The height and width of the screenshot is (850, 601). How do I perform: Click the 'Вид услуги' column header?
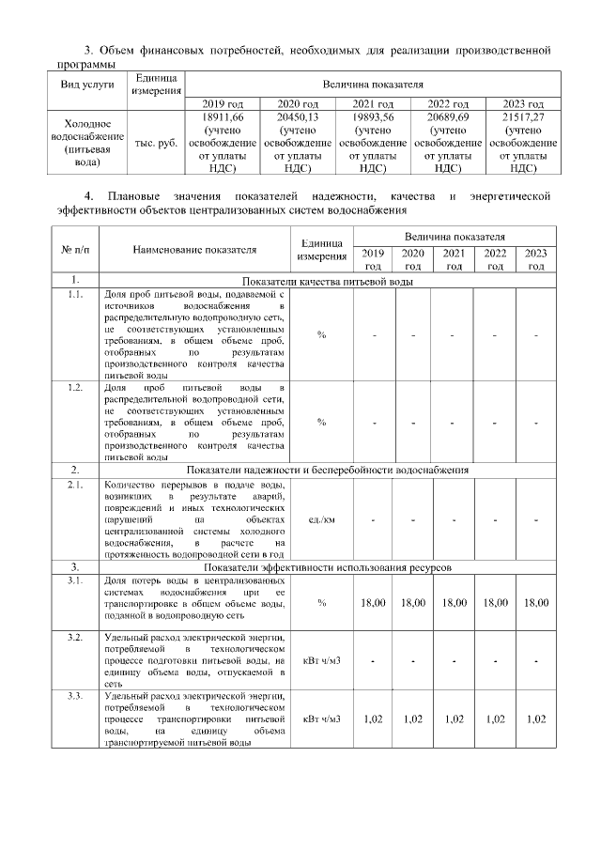[87, 84]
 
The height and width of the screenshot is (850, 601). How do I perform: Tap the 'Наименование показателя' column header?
[194, 251]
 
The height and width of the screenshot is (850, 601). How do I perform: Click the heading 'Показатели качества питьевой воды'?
[329, 281]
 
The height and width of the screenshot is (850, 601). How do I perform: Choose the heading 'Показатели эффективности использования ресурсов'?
[329, 568]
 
